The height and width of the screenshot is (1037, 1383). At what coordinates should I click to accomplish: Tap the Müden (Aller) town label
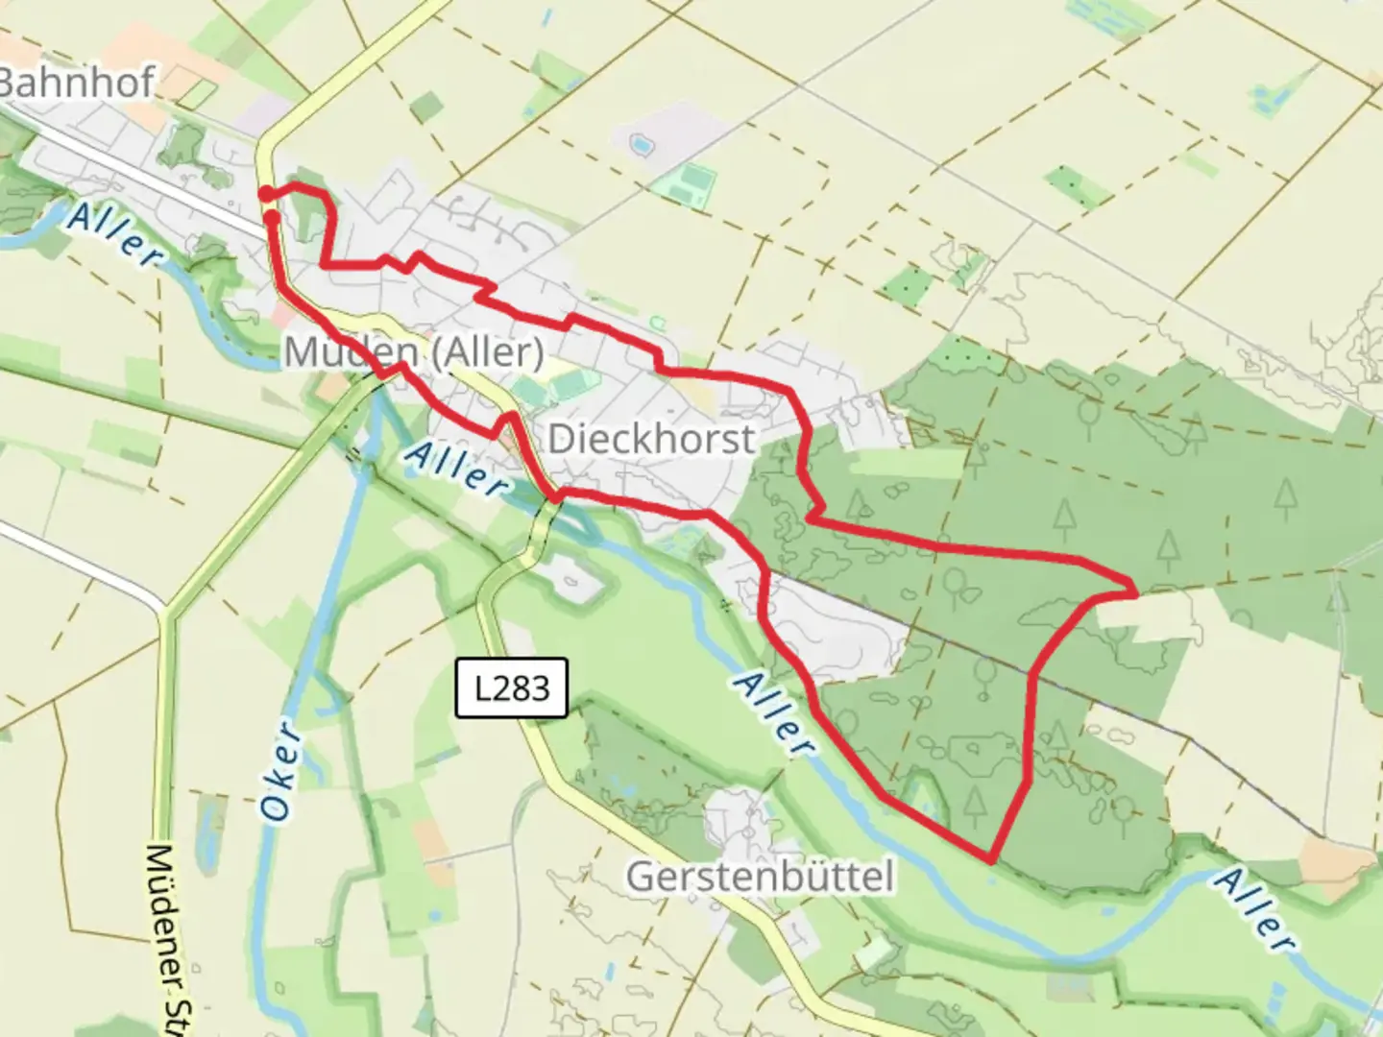pos(413,352)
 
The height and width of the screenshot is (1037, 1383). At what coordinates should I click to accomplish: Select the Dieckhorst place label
pos(651,439)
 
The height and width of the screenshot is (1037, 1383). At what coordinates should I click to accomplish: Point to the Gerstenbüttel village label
pos(759,876)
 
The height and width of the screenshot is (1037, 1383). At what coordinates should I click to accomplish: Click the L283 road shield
pos(512,687)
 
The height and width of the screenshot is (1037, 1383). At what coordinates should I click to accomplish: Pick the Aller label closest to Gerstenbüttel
pos(775,715)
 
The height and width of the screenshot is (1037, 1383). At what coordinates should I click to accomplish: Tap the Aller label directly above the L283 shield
pos(455,469)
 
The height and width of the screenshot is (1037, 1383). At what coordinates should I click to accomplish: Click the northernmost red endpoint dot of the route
pos(266,195)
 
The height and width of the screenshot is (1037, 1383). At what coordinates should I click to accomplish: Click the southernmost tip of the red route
pos(990,857)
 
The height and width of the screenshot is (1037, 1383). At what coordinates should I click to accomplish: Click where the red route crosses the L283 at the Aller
pos(554,495)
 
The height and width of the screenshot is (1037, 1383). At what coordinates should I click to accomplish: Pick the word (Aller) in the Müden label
pos(487,352)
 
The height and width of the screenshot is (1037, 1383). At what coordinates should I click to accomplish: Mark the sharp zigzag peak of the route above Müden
pos(418,255)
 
